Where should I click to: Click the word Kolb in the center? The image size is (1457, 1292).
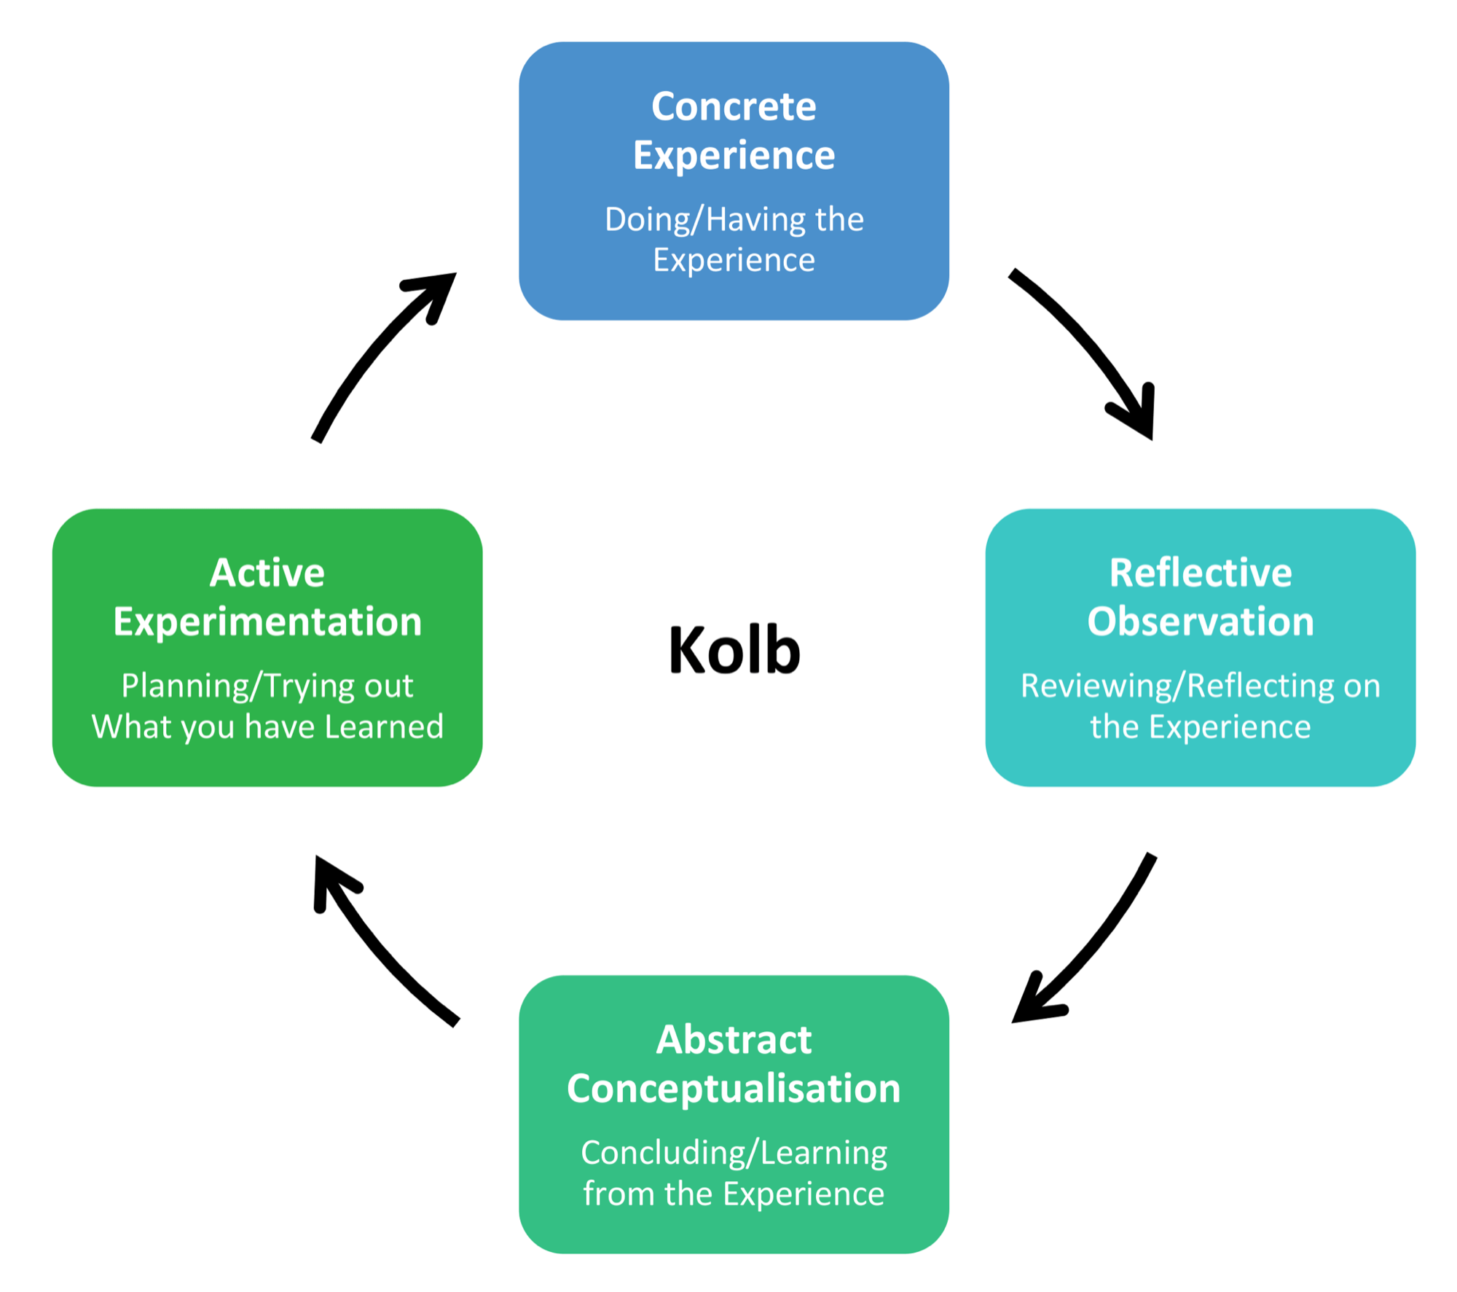734,649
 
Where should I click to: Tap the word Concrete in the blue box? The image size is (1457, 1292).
734,107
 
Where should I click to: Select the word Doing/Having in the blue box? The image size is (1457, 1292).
689,220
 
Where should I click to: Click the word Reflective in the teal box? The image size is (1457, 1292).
1200,573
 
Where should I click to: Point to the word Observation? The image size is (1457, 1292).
1200,622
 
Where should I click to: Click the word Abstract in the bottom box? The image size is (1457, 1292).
734,1040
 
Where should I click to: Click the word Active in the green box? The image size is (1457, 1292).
267,573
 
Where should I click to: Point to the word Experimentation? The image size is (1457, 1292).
267,622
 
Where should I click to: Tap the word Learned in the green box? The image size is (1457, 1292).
383,727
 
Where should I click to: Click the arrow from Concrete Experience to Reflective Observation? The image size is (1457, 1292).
1085,342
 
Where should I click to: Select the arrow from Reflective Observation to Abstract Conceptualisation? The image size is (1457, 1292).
1093,940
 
